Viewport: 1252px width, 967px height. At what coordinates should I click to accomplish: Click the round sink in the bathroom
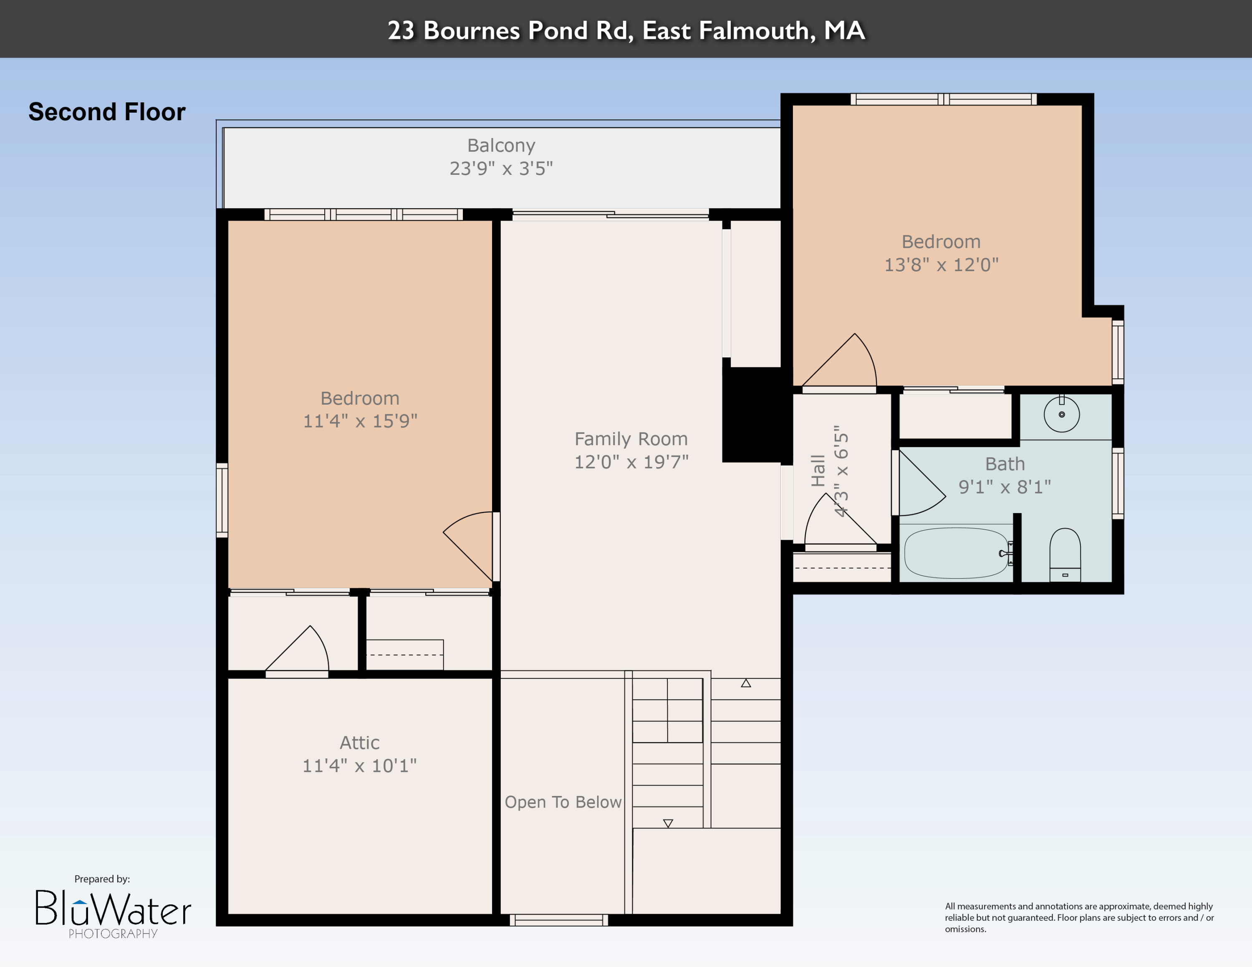[1061, 414]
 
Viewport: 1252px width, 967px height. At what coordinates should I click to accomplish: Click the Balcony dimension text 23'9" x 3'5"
[501, 169]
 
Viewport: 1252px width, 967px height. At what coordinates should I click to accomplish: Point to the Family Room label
[631, 439]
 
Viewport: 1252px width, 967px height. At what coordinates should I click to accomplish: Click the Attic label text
[359, 743]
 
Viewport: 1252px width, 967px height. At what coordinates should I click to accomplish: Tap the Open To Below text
[563, 802]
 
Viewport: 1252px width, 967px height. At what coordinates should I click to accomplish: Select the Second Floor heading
[107, 112]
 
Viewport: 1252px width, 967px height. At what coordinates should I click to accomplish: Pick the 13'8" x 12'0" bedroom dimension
[941, 264]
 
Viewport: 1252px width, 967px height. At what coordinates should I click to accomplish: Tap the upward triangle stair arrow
[745, 683]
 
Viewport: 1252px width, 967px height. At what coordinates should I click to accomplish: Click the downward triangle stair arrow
[667, 823]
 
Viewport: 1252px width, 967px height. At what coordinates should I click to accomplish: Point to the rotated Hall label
[818, 471]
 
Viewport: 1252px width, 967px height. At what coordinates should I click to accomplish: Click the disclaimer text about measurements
[1079, 917]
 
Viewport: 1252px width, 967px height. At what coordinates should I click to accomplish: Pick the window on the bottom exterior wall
[558, 920]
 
